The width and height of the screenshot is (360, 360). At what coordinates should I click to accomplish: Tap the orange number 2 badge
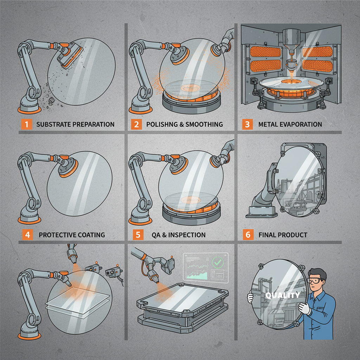point(137,124)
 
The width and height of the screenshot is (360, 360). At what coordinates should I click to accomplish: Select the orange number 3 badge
point(247,124)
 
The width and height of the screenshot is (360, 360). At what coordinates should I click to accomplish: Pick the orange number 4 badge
point(26,234)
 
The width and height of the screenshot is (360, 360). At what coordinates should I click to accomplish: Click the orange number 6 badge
point(247,234)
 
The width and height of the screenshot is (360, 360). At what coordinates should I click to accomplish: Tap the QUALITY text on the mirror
point(283,295)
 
